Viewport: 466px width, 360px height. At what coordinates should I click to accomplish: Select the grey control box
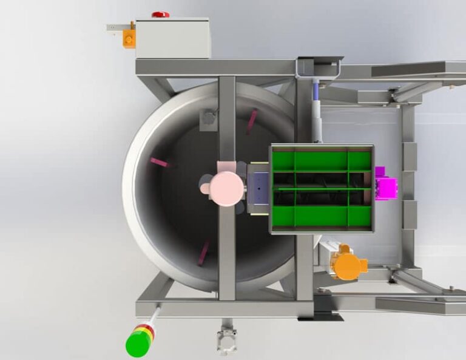click(172, 38)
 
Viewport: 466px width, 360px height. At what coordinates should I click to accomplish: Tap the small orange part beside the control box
click(129, 38)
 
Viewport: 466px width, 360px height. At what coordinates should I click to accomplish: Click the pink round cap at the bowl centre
click(226, 187)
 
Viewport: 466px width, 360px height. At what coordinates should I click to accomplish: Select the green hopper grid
click(321, 188)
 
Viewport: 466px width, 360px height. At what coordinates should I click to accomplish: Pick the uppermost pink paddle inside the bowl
click(251, 121)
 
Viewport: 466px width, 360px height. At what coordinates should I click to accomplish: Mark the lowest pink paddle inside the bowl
click(204, 252)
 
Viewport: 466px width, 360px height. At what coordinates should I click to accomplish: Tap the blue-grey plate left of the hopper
click(260, 188)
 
